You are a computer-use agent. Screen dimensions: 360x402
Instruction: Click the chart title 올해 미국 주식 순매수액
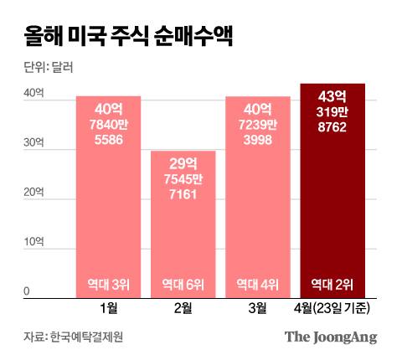pyautogui.click(x=121, y=38)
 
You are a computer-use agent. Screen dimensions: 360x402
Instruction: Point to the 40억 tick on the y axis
pyautogui.click(x=33, y=94)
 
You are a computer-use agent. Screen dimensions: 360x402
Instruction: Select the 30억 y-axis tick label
pyautogui.click(x=33, y=143)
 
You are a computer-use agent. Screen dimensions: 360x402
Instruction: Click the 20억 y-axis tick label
pyautogui.click(x=33, y=193)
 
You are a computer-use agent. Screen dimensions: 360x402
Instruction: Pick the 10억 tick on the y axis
pyautogui.click(x=33, y=242)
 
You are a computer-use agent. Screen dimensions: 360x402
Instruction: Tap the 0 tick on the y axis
pyautogui.click(x=27, y=291)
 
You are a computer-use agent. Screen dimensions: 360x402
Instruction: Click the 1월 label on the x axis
pyautogui.click(x=108, y=308)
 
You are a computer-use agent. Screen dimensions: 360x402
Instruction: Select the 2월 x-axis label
pyautogui.click(x=183, y=308)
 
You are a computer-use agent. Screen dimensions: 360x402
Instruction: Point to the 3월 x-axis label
pyautogui.click(x=257, y=308)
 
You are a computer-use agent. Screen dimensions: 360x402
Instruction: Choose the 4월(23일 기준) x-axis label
pyautogui.click(x=332, y=308)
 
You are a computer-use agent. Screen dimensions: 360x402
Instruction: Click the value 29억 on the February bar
pyautogui.click(x=183, y=162)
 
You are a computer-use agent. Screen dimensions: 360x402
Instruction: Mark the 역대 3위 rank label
pyautogui.click(x=108, y=283)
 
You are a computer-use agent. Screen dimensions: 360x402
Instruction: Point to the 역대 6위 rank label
pyautogui.click(x=183, y=283)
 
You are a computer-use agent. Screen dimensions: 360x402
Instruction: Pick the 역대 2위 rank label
pyautogui.click(x=332, y=283)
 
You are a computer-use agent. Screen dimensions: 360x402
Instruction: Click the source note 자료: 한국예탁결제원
pyautogui.click(x=72, y=337)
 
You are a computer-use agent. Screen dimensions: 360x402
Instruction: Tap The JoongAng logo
pyautogui.click(x=331, y=337)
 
